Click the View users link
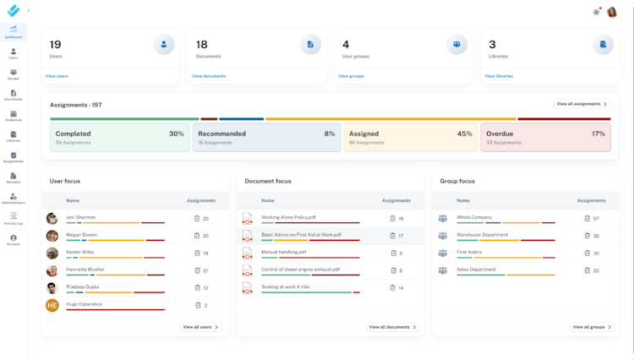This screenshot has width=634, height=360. (x=57, y=76)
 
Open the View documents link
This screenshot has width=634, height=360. (x=209, y=76)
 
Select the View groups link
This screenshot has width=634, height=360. (x=351, y=76)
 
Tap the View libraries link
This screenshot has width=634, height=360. (x=499, y=76)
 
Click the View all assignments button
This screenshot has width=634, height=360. (x=582, y=104)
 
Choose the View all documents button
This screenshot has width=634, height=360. (x=393, y=327)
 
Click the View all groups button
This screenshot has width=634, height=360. (x=592, y=327)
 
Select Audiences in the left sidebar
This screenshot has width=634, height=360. (x=14, y=116)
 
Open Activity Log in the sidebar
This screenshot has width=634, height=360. (x=14, y=220)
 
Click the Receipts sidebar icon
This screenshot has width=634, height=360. (x=14, y=177)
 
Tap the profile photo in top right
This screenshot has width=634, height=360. (x=612, y=12)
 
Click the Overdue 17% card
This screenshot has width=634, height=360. (x=545, y=138)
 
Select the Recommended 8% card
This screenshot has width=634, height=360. (x=266, y=138)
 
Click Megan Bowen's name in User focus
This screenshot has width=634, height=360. (x=82, y=235)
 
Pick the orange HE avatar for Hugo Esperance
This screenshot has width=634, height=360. (x=52, y=305)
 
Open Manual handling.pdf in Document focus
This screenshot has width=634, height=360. (x=284, y=252)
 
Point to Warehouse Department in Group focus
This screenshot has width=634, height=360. (x=483, y=235)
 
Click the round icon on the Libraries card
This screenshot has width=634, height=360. (x=603, y=44)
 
